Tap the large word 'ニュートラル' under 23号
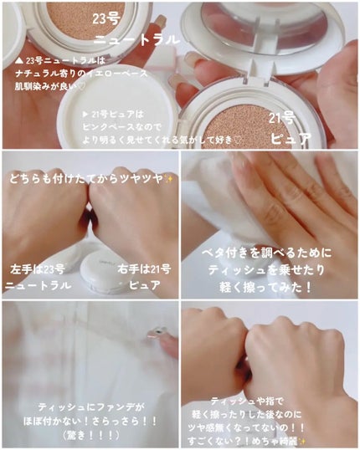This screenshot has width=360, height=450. [136, 39]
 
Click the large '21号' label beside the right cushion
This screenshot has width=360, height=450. [282, 118]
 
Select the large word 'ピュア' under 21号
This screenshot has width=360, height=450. [291, 139]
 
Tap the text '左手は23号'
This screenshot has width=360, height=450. [38, 269]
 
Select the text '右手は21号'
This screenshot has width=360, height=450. [144, 269]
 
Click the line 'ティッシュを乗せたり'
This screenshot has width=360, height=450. [266, 270]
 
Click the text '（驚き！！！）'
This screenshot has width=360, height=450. [90, 436]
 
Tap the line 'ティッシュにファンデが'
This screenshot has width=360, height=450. [92, 407]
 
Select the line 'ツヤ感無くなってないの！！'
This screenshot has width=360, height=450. [246, 427]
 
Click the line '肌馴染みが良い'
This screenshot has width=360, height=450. [47, 86]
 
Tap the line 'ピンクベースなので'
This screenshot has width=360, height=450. [122, 127]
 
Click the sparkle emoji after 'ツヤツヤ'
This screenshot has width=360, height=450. [168, 180]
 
